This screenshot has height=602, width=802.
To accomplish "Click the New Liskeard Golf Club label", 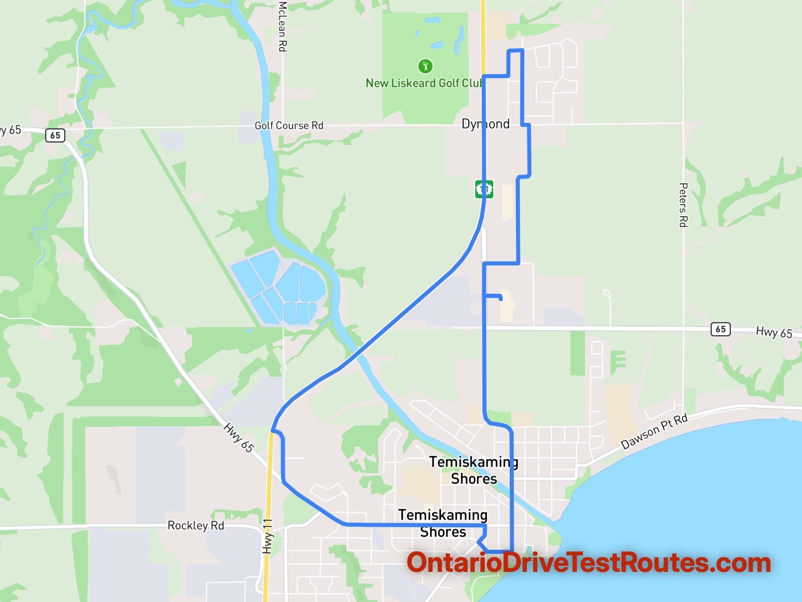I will point(424,83).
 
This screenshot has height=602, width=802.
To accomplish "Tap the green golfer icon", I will point(425,66).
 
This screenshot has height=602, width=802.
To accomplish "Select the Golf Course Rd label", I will point(289,125).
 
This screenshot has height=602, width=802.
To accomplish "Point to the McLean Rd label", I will point(283,26).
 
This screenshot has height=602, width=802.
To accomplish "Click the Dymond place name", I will point(485,124).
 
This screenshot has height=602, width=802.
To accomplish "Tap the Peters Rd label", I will point(683,205).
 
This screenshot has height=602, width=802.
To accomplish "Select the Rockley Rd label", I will point(195,525).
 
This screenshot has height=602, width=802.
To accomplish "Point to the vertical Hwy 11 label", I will point(268,536).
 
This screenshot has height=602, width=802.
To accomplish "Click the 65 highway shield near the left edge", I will point(55,135).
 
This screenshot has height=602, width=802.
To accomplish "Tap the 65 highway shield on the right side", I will point(720,329).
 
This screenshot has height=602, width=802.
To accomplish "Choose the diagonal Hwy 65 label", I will point(239,437).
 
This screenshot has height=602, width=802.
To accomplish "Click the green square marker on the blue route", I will point(484,189).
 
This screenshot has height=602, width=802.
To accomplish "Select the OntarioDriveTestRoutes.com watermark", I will point(588,563).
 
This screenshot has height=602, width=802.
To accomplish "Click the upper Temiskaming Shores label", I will point(474,470).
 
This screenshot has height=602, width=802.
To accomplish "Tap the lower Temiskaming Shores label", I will point(443,523).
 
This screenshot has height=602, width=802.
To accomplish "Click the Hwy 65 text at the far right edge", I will point(774,332).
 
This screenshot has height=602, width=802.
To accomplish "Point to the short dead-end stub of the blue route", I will point(494,296).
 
